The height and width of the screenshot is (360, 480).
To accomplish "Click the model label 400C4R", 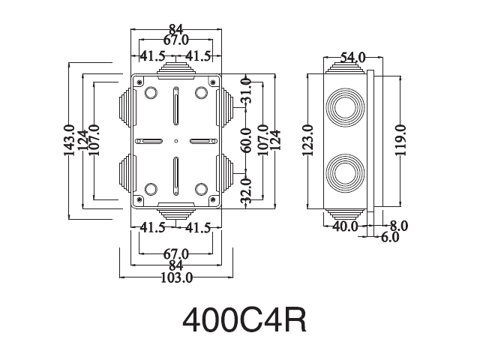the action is (x=244, y=320).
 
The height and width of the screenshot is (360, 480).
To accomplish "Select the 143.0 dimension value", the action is (x=69, y=140).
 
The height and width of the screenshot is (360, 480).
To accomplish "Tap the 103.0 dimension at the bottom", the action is (x=177, y=277).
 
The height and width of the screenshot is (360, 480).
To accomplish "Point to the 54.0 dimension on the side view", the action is (x=353, y=57).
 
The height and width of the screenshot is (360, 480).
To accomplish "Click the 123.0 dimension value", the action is (x=307, y=140).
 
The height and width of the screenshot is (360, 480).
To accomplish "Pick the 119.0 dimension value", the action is (x=400, y=140).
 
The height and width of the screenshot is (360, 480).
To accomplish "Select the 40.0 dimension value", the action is (x=345, y=226).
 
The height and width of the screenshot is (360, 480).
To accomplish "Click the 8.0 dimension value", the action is (x=399, y=226).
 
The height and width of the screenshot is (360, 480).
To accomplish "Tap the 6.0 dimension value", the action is (x=390, y=237).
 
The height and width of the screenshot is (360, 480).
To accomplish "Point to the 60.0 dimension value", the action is (x=245, y=140).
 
